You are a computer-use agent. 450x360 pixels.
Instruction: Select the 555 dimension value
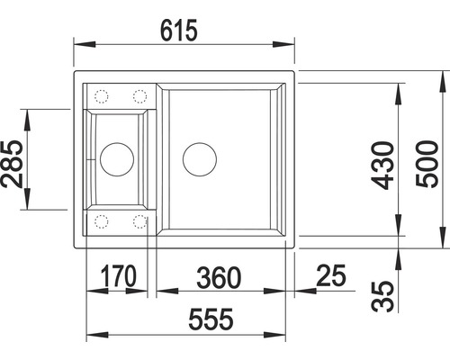tap(204, 319)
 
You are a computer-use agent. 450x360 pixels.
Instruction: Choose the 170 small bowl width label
tap(118, 277)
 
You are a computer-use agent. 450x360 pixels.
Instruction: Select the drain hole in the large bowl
tap(200, 159)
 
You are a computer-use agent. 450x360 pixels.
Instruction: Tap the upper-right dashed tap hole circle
tap(139, 95)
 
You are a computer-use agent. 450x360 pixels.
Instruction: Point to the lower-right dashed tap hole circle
tap(139, 220)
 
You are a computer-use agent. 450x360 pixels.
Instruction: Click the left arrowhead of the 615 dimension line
tap(76, 42)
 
